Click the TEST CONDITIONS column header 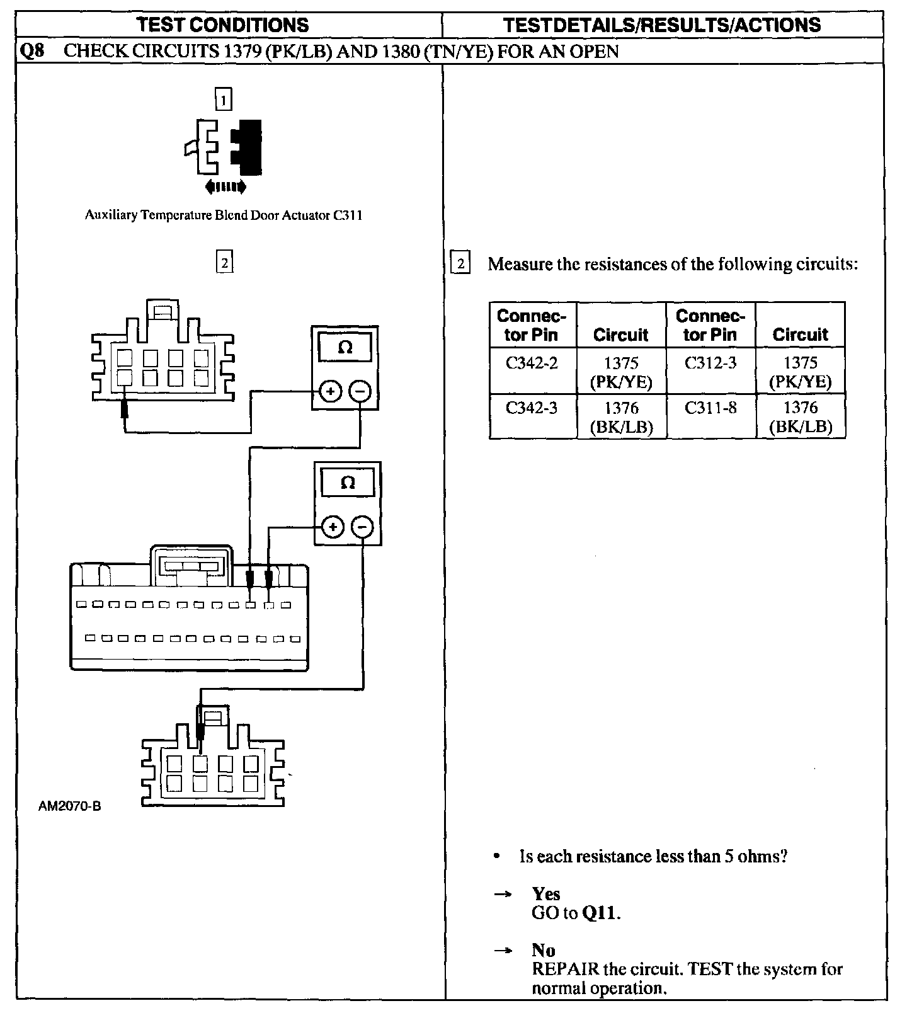click(223, 25)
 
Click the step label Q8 click(32, 51)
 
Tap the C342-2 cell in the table click(532, 363)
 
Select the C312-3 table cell click(710, 363)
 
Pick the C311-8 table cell click(710, 408)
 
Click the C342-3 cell click(532, 408)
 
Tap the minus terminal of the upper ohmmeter click(360, 392)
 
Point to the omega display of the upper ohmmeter click(345, 348)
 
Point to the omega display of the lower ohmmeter click(348, 483)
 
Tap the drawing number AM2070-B click(69, 806)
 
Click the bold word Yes click(545, 893)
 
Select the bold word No click(543, 950)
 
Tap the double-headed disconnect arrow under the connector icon click(225, 186)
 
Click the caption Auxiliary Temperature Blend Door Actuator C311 click(223, 215)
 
